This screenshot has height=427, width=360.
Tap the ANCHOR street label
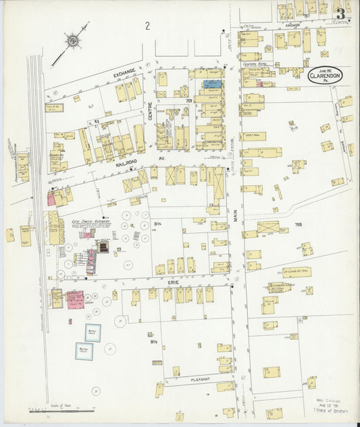click(292, 25)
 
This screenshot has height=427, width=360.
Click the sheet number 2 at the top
click(147, 26)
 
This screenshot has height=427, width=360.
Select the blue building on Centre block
click(211, 84)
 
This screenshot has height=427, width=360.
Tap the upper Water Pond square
click(93, 332)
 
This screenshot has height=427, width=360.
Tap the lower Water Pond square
click(84, 352)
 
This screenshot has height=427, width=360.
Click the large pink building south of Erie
click(75, 299)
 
